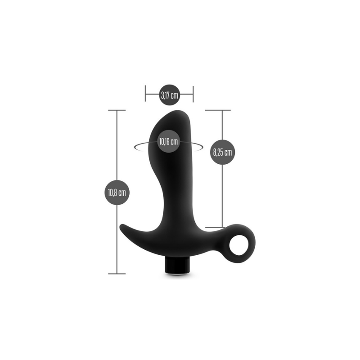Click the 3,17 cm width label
[169, 95]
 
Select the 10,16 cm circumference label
[168, 141]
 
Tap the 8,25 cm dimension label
[222, 152]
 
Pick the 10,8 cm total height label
[117, 192]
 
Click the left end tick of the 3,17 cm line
[145, 95]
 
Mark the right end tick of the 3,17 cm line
[193, 95]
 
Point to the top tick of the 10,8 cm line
[117, 110]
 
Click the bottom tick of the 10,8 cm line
[117, 273]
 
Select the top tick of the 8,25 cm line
[218, 110]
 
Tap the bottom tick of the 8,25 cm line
[215, 227]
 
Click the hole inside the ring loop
[238, 247]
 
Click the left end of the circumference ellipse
[136, 145]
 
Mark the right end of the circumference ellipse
[201, 144]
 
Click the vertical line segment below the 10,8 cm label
[117, 238]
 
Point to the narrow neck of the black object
[173, 189]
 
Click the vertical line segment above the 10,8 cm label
[117, 144]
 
